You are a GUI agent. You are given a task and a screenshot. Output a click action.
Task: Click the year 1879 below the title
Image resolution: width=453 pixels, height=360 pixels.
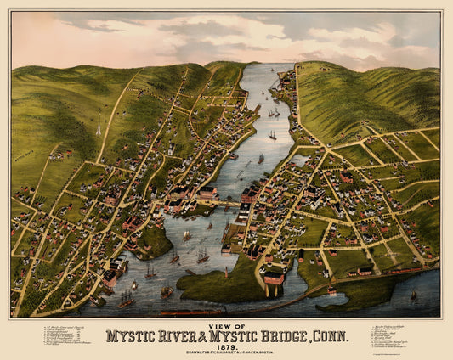coord(226,346)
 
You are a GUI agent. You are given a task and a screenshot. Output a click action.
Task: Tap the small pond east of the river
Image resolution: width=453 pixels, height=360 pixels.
coord(298,159)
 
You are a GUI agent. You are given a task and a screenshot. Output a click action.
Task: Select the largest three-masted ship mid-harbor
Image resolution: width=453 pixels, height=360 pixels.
coord(201,253)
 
